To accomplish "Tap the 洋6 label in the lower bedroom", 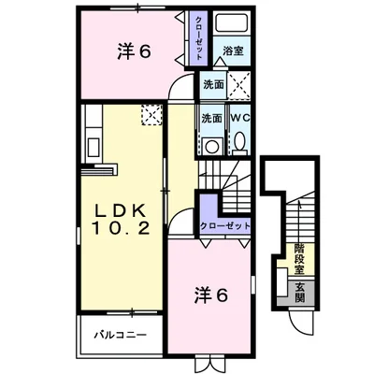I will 213,295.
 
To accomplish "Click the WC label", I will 239,119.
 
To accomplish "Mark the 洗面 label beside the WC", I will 212,119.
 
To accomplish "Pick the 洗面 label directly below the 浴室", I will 213,85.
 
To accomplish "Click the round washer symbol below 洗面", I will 212,144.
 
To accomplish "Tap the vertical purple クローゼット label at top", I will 199,37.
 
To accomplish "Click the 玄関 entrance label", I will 300,292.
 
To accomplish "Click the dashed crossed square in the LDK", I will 151,115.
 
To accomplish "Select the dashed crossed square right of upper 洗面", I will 237,87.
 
